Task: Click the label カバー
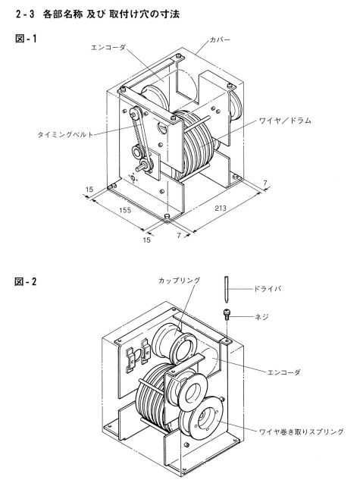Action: [220, 40]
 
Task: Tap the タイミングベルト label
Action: [65, 134]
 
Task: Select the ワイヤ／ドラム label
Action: [285, 121]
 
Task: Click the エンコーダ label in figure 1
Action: [108, 48]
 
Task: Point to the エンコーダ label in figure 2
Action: [283, 372]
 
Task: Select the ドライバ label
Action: [267, 289]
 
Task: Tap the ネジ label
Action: [261, 316]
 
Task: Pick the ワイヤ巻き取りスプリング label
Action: [302, 431]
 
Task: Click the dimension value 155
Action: [125, 210]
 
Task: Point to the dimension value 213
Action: [221, 209]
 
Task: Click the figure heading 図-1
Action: [26, 39]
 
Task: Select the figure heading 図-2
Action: [26, 281]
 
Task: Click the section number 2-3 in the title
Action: [25, 14]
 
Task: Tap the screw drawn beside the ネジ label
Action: [227, 315]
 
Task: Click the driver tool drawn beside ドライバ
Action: [227, 289]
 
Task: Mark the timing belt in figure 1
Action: [140, 136]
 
